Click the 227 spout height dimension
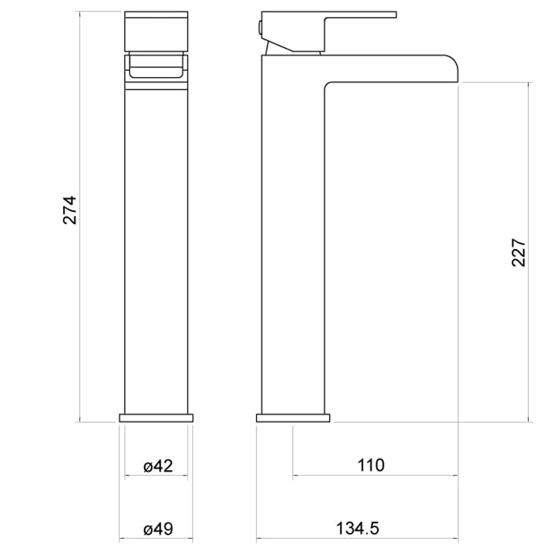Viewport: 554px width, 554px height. [x=519, y=253]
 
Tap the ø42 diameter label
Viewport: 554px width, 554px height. [x=158, y=466]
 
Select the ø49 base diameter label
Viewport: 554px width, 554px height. [x=158, y=529]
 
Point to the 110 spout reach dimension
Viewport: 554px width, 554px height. [x=371, y=465]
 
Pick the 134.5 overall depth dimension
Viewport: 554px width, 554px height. [x=357, y=529]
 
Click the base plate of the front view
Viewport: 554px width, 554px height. [x=156, y=418]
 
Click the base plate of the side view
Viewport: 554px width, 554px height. [x=293, y=418]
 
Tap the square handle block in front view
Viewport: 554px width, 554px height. [x=156, y=32]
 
